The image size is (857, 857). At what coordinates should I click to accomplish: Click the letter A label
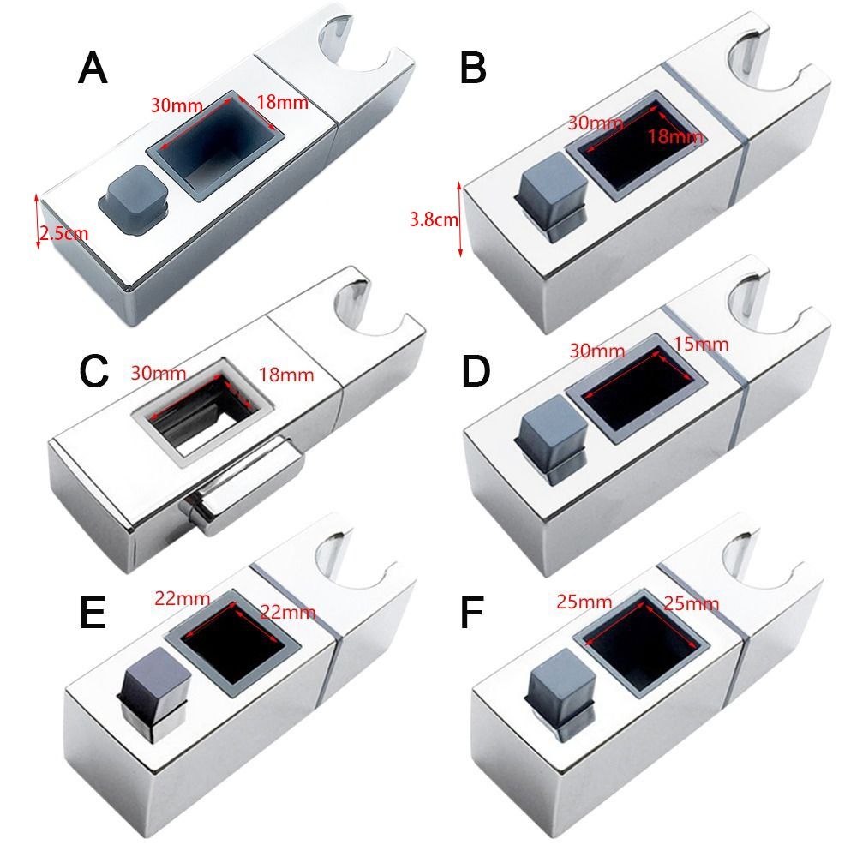click(93, 69)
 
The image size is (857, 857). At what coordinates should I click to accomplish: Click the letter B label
click(473, 69)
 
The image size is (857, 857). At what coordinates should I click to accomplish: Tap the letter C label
click(93, 370)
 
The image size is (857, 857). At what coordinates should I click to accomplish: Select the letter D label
click(474, 370)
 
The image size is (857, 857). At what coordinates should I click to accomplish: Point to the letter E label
click(91, 614)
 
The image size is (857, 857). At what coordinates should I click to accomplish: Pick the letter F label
click(473, 614)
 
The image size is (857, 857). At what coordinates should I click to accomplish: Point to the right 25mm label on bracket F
click(691, 603)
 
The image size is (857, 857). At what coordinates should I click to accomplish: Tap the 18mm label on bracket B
click(674, 137)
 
